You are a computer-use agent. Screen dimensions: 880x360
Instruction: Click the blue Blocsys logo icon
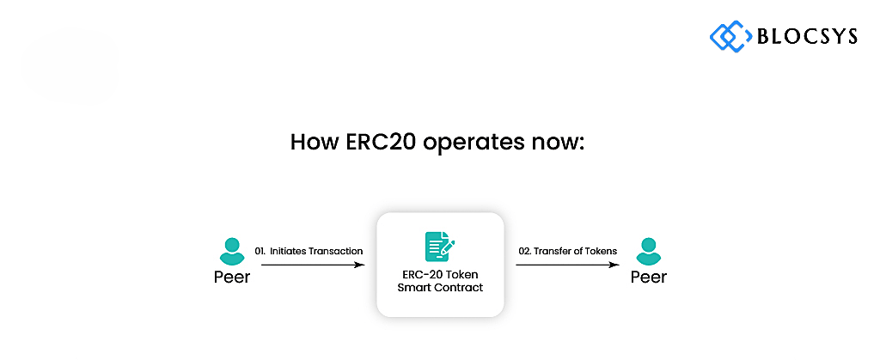click(730, 36)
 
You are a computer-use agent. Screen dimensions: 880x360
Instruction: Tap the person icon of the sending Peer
click(232, 251)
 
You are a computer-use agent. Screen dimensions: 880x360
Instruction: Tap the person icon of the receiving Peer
click(648, 251)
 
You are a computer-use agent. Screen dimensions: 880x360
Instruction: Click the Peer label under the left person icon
click(232, 277)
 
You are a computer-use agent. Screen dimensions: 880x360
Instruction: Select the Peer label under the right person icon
click(649, 277)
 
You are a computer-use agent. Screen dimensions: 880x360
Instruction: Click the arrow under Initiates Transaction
click(313, 265)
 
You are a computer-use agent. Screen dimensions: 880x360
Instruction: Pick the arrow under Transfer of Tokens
click(567, 265)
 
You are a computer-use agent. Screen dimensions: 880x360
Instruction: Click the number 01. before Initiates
click(260, 251)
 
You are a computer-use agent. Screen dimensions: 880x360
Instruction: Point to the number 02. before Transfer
click(525, 251)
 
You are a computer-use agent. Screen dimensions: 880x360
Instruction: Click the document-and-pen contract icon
click(440, 247)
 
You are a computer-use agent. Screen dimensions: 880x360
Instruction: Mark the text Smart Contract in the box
click(440, 288)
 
